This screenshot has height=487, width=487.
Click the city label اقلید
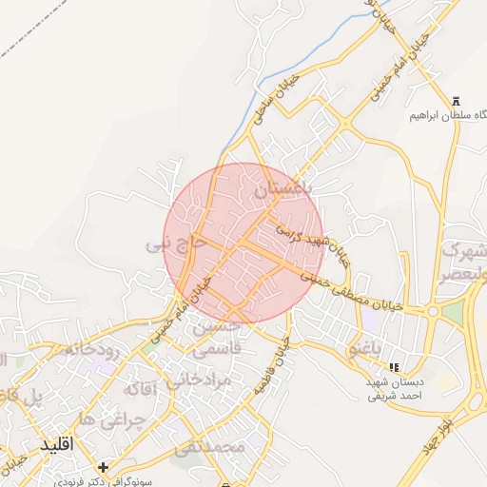pos(58,444)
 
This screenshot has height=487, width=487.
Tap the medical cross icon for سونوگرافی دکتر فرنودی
pos(103,467)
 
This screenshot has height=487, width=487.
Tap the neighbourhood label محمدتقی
pos(210,445)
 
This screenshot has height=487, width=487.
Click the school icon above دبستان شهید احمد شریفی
pos(394,366)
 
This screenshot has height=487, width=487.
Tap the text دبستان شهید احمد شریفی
pos(395,387)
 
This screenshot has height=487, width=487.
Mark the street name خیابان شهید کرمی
pos(309,238)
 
